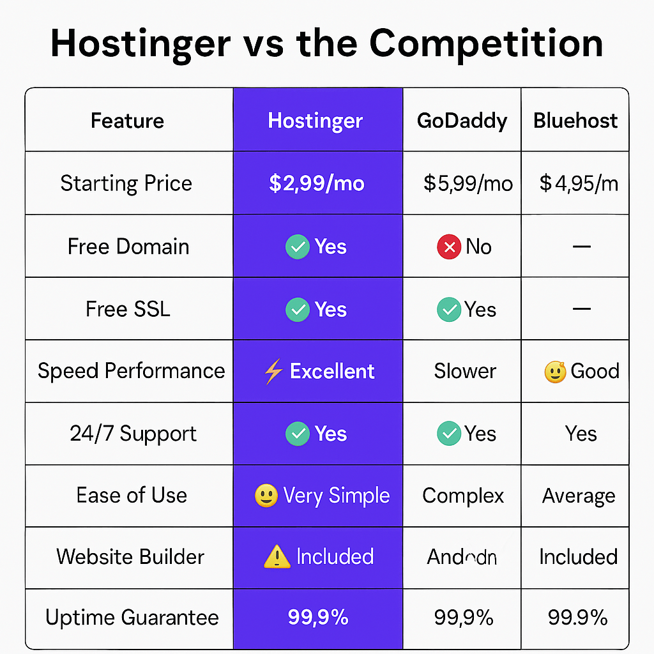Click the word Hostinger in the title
pos(141,43)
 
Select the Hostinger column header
pos(316,121)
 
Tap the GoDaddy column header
pos(462,121)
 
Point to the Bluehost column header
pos(575,121)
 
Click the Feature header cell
pos(127,121)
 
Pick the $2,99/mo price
pos(317,184)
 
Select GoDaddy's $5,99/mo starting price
pos(468,184)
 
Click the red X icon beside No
pos(449,247)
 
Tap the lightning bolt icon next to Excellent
pos(273,372)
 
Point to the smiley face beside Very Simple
pos(266,496)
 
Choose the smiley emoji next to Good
pos(555,372)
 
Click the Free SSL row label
pos(128,309)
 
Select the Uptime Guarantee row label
pos(132,618)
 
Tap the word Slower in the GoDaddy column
pos(465,371)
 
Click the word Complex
pos(463,496)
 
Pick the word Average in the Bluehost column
pos(579,496)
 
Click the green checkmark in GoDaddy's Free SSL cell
pos(449,310)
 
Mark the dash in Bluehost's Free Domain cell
pos(581,246)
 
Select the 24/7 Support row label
pos(133,434)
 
